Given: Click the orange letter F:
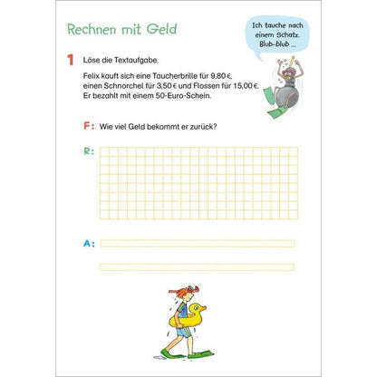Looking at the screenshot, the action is point(87,126).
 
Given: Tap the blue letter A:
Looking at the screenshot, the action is point(87,243).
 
